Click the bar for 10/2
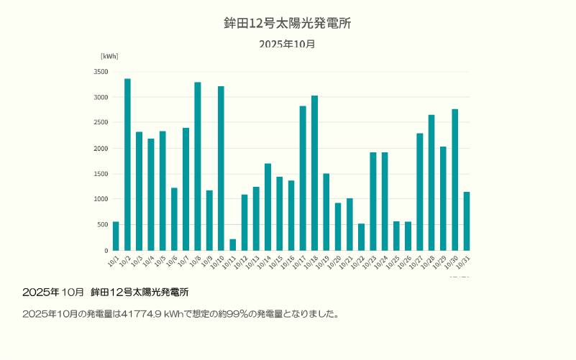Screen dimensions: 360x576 tap(127, 165)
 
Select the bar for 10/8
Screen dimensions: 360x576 tap(198, 167)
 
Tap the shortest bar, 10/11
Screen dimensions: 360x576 tap(232, 245)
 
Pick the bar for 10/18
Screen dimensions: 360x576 tap(314, 173)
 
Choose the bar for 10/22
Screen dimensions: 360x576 tap(361, 237)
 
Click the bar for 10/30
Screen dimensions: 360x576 tap(454, 180)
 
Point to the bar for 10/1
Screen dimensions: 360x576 tap(116, 236)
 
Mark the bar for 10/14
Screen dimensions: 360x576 tap(268, 207)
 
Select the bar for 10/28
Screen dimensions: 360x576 tap(431, 183)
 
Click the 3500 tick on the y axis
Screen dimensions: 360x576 tap(101, 72)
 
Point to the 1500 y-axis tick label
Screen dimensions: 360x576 tap(101, 174)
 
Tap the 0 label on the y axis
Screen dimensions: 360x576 tap(106, 251)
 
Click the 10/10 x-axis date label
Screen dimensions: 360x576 tap(219, 263)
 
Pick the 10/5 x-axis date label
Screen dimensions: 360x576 tap(161, 262)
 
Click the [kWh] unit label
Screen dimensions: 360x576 tap(109, 56)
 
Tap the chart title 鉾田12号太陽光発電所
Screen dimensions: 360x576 tap(288, 24)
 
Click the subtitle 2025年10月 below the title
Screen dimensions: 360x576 tap(288, 44)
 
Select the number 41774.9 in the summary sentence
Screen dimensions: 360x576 tap(142, 314)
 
